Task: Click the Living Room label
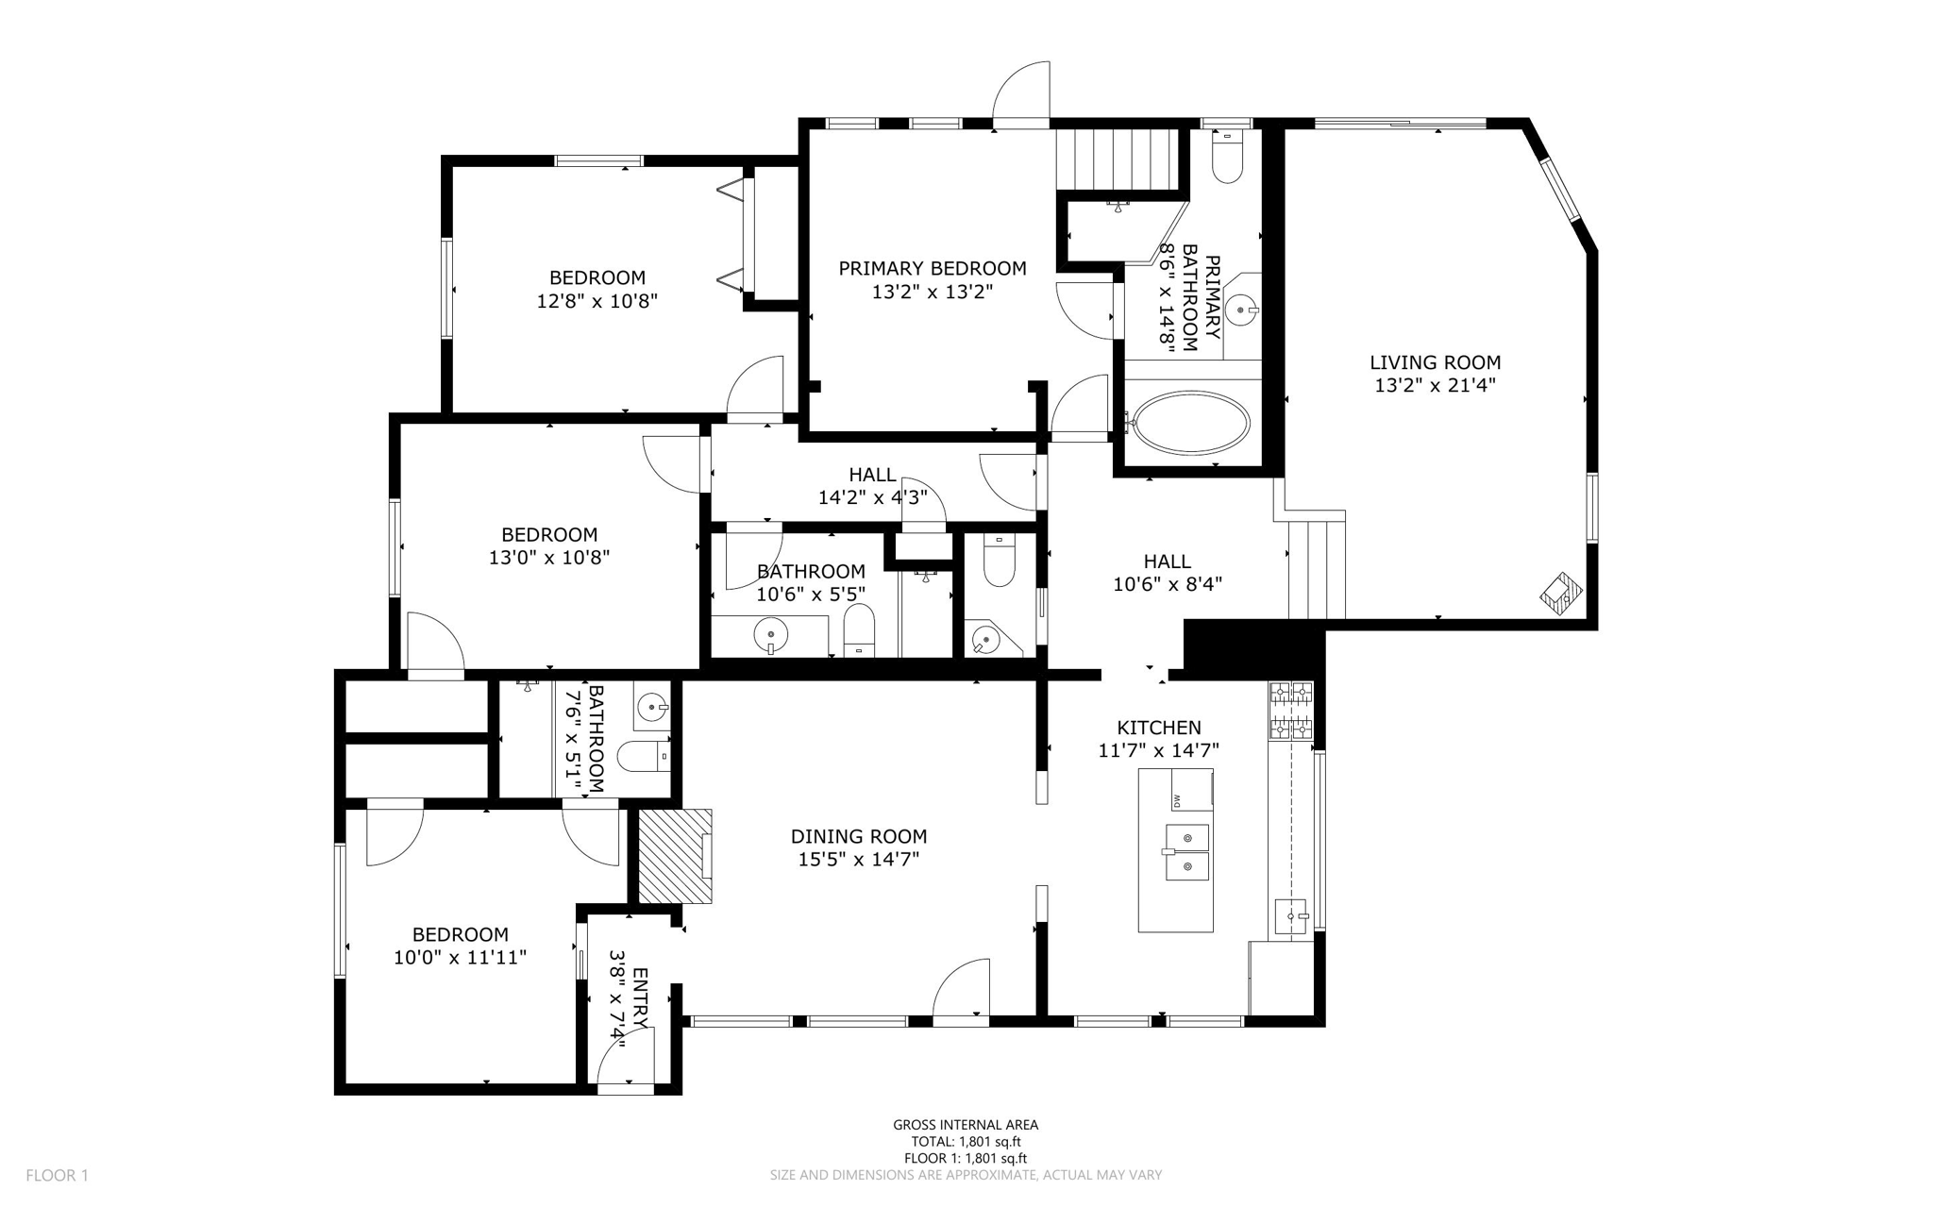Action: coord(1435,362)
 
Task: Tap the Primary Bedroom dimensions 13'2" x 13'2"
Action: coord(933,293)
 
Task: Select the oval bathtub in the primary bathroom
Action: coord(1191,422)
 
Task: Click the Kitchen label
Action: coord(1159,728)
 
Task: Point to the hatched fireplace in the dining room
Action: coord(675,856)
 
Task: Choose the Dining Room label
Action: coord(859,836)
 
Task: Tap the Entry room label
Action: coord(640,998)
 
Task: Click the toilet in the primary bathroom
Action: coord(1228,159)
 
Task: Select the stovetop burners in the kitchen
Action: coord(1291,710)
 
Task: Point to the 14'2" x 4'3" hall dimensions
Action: coord(873,497)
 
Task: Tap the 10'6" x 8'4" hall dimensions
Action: coord(1168,584)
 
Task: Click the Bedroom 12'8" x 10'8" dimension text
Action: coord(597,301)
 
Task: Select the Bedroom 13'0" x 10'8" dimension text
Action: coord(549,558)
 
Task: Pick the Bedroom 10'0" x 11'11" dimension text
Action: coord(461,958)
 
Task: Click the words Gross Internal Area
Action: coord(966,1125)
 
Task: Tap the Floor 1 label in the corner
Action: coord(57,1176)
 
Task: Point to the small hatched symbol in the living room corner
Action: coord(1562,592)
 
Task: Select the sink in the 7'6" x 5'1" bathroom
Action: coord(651,705)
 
